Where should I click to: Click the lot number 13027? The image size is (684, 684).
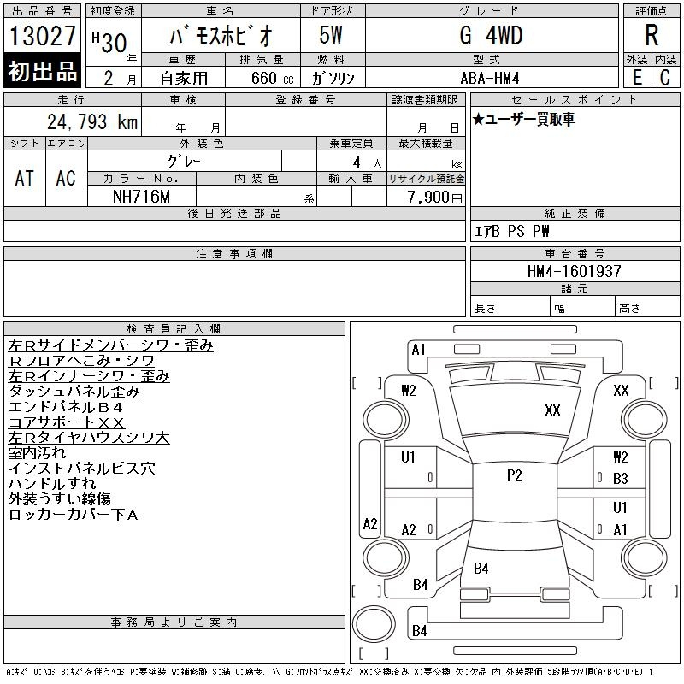[x=42, y=36]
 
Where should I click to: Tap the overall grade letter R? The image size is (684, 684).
[x=652, y=35]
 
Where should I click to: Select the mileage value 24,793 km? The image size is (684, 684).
[x=92, y=122]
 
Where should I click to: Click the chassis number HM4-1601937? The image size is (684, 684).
[x=574, y=271]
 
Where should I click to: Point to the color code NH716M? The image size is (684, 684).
[x=141, y=197]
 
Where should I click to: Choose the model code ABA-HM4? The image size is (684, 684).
[x=490, y=79]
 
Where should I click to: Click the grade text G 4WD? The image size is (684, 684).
[x=491, y=35]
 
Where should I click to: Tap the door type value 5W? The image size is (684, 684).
[x=331, y=35]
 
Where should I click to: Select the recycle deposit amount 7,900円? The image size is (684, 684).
[x=435, y=198]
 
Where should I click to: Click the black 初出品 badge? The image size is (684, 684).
[x=42, y=71]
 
